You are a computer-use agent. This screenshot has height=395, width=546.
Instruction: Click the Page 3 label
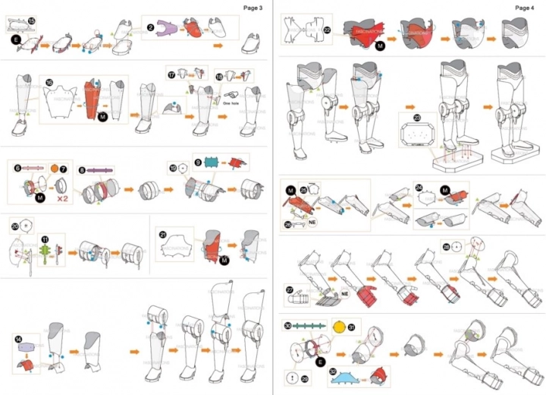(x=253, y=8)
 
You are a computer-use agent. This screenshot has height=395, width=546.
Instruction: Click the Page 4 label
(x=525, y=8)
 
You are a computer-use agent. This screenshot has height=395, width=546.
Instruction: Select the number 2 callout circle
(x=151, y=28)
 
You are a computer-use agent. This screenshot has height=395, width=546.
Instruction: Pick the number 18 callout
(x=219, y=75)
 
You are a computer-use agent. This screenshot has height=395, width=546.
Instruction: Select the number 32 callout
(x=334, y=371)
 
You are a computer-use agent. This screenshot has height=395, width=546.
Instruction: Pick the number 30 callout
(x=288, y=325)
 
